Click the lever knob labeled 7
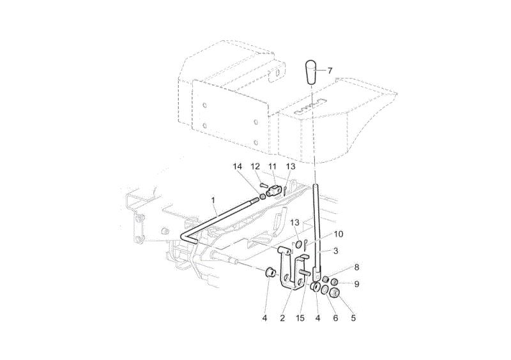coord(310,72)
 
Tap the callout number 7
coord(330,70)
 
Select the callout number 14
coord(238,167)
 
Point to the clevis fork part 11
coord(274,190)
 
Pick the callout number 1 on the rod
coord(213,200)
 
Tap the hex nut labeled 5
coord(335,292)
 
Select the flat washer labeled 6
coord(325,290)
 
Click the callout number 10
coord(339,234)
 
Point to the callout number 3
coord(336,251)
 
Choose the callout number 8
coord(356,267)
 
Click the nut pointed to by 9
coord(335,282)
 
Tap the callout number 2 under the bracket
coord(282,318)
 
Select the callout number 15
coord(300,318)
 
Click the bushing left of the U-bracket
coord(270,272)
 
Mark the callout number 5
coord(353,318)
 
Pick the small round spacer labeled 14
coord(263,197)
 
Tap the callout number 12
coord(255,167)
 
